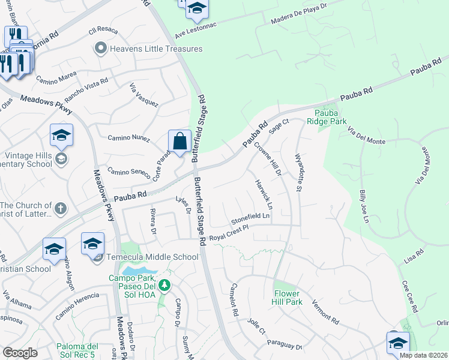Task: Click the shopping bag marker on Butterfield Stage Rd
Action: click(179, 142)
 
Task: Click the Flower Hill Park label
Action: click(286, 298)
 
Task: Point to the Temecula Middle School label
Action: click(152, 257)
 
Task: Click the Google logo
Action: click(20, 353)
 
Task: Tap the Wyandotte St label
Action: click(298, 172)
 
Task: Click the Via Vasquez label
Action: click(144, 95)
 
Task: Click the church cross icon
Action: click(59, 209)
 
